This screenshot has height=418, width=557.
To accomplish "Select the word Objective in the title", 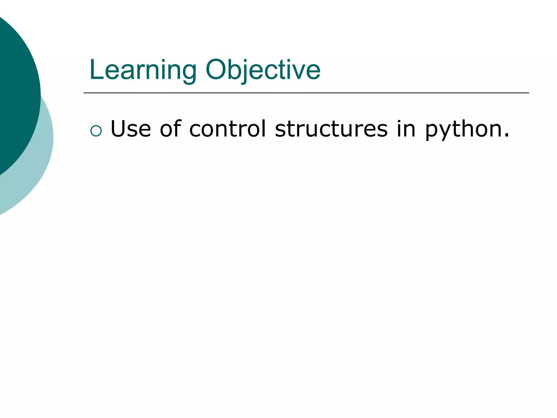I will (263, 70).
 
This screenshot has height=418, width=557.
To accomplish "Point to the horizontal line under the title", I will (306, 93).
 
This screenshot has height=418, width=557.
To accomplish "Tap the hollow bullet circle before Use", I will (96, 131).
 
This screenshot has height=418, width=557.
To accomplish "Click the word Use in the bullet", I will (131, 129).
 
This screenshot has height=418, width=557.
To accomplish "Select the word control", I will (227, 129).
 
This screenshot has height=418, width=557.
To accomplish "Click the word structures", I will (331, 129).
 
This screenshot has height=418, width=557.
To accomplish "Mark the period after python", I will (506, 135).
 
